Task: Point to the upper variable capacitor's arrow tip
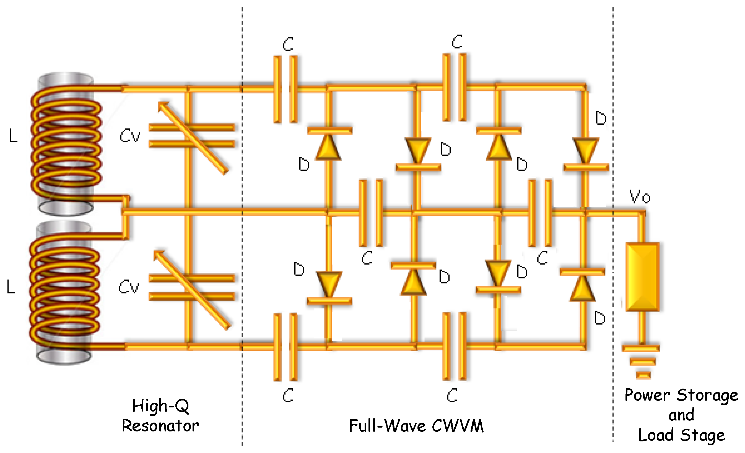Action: pos(160,104)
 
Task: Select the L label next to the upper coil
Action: pos(13,136)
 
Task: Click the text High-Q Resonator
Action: pos(160,416)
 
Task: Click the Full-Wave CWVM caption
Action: pos(416,426)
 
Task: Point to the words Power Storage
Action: pos(681,395)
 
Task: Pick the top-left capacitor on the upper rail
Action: pos(285,89)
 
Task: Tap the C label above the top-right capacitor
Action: pos(457,42)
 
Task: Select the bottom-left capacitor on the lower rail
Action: pos(285,347)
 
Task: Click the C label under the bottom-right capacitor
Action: pos(452,395)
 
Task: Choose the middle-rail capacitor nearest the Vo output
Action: pos(540,213)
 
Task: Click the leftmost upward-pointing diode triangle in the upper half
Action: pos(328,148)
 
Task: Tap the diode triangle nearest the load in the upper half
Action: pos(586,150)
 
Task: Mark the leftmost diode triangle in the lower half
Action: pos(329,284)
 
